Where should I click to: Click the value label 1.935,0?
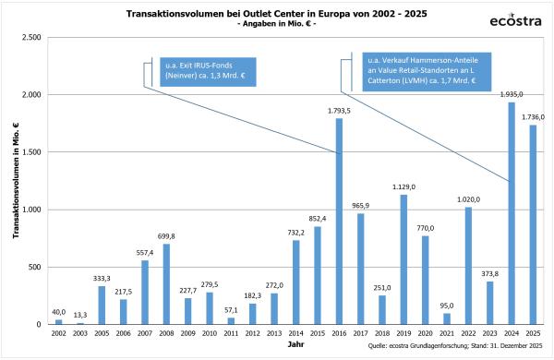(511, 95)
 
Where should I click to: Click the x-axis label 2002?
(58, 332)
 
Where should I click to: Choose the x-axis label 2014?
(296, 332)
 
